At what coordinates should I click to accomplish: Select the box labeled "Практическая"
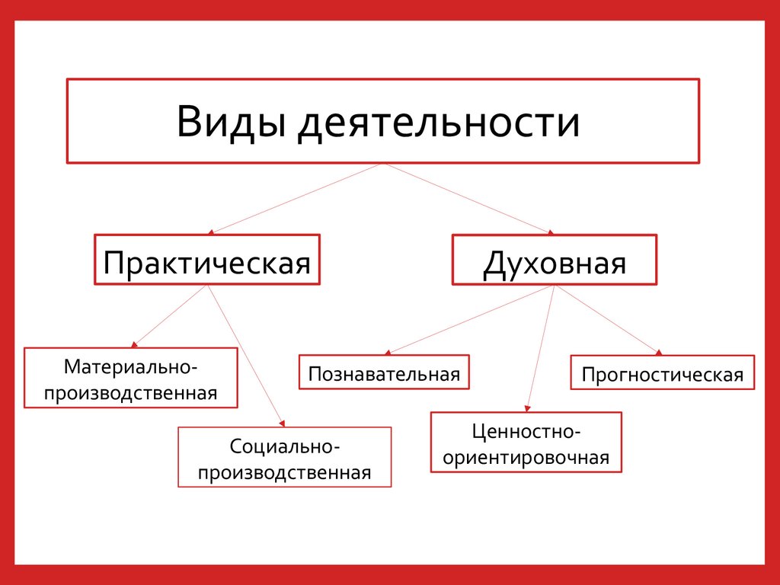tap(207, 261)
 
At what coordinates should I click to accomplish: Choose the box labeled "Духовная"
tap(554, 261)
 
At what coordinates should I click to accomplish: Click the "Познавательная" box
tap(384, 373)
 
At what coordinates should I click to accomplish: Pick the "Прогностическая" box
tap(662, 373)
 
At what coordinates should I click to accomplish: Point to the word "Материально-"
tap(131, 366)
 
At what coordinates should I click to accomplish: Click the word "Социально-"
tap(284, 445)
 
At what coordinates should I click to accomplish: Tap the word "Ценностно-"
tap(526, 432)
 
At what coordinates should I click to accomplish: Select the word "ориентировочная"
tap(526, 458)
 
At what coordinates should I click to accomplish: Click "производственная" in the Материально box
tap(131, 393)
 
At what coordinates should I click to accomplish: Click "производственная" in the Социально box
tap(284, 472)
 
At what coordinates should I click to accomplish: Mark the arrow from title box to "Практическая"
tap(297, 198)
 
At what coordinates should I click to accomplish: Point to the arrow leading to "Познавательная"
tap(471, 320)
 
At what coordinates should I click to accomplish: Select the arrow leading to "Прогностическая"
tap(606, 320)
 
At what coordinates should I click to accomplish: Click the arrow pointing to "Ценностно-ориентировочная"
tap(540, 347)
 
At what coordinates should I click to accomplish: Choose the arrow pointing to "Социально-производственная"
tap(245, 355)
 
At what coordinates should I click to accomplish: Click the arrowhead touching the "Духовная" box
tap(550, 232)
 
